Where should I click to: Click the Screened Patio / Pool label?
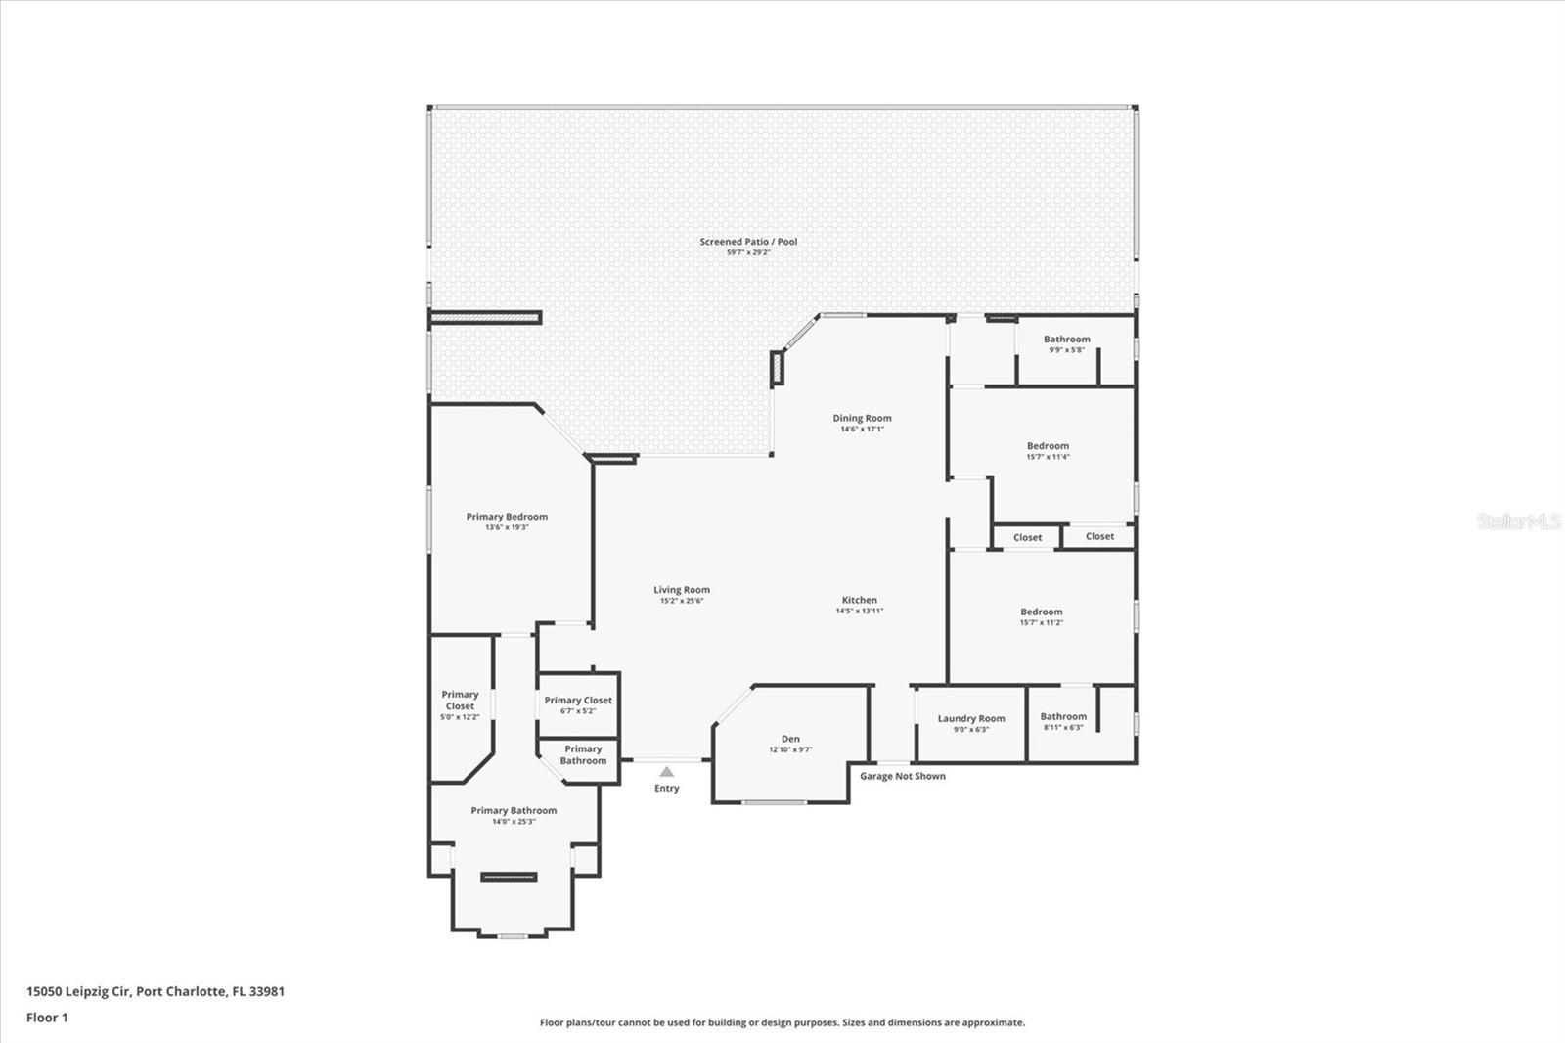[x=748, y=242]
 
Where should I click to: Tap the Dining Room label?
[x=862, y=418]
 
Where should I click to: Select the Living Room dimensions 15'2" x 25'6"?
[x=681, y=601]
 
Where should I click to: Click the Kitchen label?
[x=859, y=600]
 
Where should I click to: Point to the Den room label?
[x=790, y=739]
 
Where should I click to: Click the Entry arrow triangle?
[x=666, y=772]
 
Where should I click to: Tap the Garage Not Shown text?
[x=902, y=776]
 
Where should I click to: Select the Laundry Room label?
[x=970, y=718]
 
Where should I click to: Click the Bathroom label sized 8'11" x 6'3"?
[x=1062, y=716]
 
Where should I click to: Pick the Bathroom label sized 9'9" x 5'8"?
[x=1066, y=340]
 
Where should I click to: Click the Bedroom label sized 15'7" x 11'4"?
[x=1048, y=445]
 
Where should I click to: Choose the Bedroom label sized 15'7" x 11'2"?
[x=1041, y=612]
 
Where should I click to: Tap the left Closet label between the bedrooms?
[x=1027, y=537]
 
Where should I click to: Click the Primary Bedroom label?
[x=507, y=517]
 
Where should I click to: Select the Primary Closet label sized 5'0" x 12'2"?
[x=460, y=700]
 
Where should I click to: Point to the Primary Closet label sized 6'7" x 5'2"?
[x=578, y=700]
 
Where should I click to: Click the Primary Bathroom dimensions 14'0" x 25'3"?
[x=514, y=822]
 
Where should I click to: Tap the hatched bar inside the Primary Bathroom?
[x=509, y=877]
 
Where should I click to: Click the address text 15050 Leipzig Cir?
[x=79, y=991]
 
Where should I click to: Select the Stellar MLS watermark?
[x=1518, y=521]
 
